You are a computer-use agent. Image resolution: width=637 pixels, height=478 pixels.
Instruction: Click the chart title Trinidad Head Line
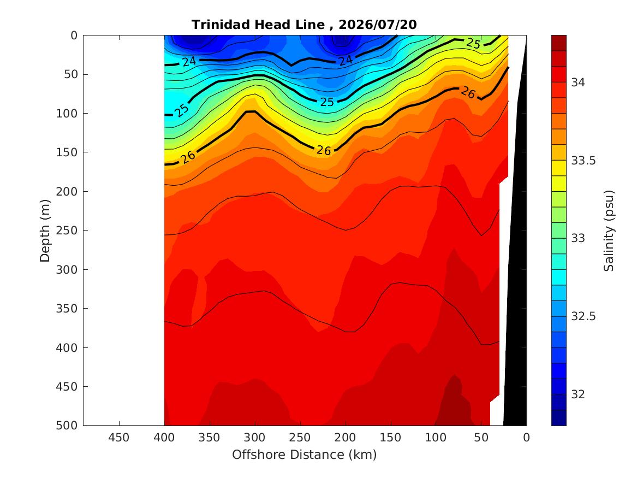point(258,25)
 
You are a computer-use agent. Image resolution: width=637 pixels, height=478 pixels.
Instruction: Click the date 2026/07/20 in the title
point(377,25)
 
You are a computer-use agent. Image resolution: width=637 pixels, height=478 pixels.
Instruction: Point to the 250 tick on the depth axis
point(67,231)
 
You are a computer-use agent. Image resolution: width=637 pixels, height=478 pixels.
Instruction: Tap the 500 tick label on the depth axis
point(67,426)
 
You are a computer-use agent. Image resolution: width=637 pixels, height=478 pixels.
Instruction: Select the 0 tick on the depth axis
point(74,36)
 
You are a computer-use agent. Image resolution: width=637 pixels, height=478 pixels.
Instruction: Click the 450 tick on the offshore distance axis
point(118,438)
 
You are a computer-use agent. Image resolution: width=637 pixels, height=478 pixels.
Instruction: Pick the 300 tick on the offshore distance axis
point(255,438)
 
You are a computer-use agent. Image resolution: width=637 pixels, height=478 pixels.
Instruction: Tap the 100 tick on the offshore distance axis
point(436,438)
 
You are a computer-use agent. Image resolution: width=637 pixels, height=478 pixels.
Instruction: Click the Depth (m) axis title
point(45,231)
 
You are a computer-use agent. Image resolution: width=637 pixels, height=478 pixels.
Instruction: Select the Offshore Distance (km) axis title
point(304,455)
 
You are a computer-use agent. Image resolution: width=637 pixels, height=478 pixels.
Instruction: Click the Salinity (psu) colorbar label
point(609,231)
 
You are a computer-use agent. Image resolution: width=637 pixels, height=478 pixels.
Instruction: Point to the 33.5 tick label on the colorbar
point(584,161)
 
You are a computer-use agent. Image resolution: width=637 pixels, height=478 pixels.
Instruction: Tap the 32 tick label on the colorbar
point(578,394)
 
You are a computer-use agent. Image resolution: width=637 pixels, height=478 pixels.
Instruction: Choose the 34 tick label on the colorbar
point(578,82)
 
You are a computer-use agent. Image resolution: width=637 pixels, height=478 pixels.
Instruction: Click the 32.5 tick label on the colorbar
point(584,316)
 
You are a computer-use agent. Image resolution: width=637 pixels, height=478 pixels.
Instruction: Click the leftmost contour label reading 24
point(189,61)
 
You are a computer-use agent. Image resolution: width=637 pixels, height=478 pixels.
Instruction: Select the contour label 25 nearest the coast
point(473,43)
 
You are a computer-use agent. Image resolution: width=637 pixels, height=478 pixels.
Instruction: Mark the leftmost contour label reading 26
point(188,156)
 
